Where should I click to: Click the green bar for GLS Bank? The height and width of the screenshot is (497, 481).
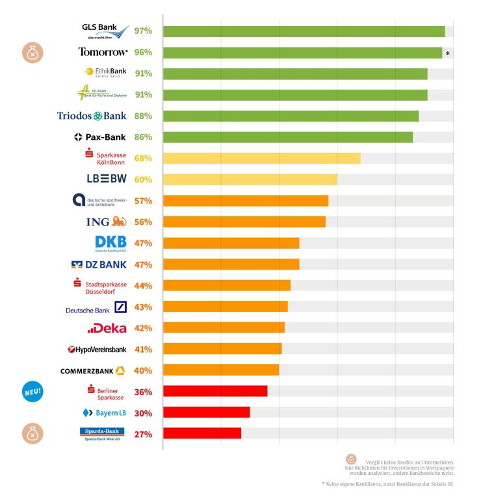click(x=304, y=31)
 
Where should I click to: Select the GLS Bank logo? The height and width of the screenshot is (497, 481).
click(x=104, y=31)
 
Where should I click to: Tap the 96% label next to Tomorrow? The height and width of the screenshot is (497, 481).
click(x=143, y=52)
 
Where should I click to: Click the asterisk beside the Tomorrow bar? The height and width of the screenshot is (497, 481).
click(x=448, y=54)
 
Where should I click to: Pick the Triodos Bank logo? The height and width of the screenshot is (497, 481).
click(x=92, y=116)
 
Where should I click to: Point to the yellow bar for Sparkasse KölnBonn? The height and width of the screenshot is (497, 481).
click(x=261, y=159)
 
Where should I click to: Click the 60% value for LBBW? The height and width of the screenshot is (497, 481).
click(x=143, y=179)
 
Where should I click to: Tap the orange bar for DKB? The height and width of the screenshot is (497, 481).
click(x=231, y=243)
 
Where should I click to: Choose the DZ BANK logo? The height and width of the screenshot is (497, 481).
click(x=99, y=264)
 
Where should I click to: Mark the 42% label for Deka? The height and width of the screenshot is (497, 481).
click(x=143, y=328)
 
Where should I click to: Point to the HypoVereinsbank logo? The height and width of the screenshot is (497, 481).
click(x=96, y=350)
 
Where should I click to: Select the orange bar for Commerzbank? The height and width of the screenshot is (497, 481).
click(x=220, y=370)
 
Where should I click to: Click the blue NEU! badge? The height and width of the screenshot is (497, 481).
click(x=32, y=391)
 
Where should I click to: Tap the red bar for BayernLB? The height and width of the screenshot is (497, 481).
click(x=206, y=413)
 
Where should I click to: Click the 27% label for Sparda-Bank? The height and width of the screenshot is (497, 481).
click(x=143, y=434)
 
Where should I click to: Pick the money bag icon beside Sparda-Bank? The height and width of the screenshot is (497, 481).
click(x=32, y=433)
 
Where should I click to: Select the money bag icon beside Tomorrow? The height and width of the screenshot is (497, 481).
click(x=32, y=53)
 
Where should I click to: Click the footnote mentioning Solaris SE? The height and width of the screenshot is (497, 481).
click(x=388, y=484)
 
